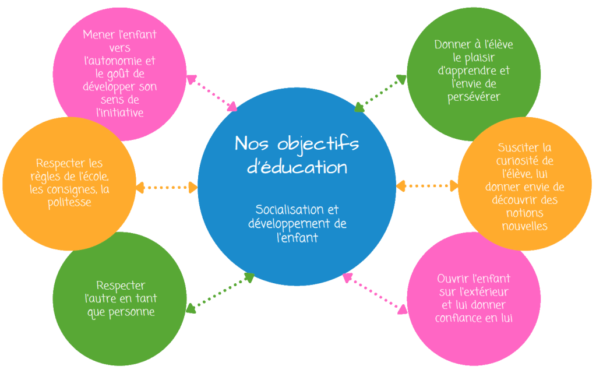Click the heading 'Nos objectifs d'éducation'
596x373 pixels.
pyautogui.click(x=297, y=155)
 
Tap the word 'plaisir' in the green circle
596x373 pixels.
pyautogui.click(x=461, y=58)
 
